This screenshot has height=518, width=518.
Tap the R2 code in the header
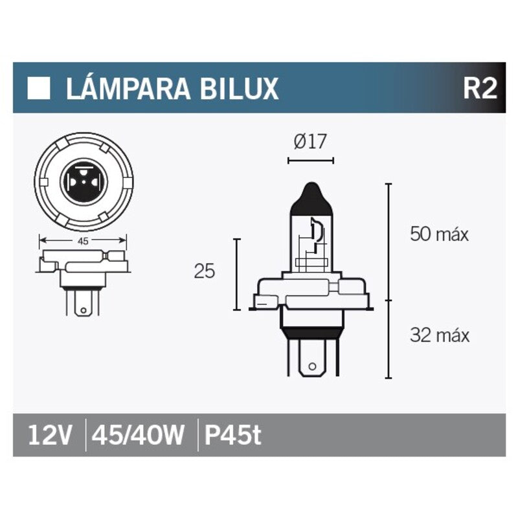click(x=479, y=89)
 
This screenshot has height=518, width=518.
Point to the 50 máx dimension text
click(x=438, y=234)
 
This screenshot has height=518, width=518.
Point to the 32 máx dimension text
click(x=438, y=335)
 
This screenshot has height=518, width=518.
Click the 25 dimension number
click(x=204, y=272)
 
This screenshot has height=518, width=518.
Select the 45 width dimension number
click(x=83, y=240)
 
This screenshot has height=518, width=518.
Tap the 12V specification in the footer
click(x=50, y=435)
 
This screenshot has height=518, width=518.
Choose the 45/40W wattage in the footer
click(x=139, y=435)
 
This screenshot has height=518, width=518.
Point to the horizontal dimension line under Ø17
click(x=310, y=157)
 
